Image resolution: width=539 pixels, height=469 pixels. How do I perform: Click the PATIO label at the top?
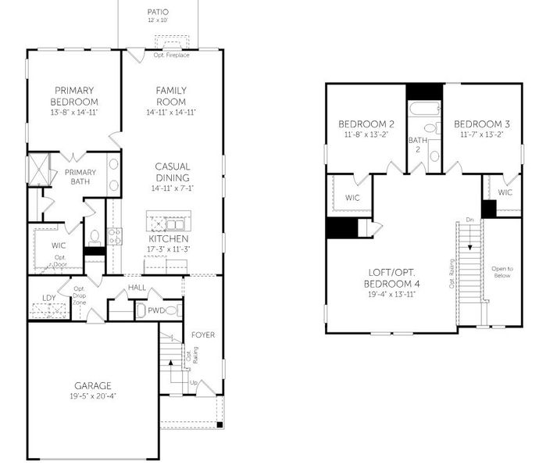[157, 12]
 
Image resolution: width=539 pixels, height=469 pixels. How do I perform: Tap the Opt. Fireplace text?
[170, 55]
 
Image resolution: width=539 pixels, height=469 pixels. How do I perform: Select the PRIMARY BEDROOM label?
[74, 96]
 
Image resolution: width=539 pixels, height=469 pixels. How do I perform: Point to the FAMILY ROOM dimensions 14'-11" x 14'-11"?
[170, 113]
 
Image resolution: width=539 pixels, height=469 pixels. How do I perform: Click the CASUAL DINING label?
[170, 171]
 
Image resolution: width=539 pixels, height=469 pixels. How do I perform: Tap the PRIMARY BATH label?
[80, 177]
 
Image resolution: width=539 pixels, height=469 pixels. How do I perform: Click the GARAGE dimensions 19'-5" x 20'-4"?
[93, 396]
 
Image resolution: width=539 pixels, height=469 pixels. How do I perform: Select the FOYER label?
[203, 335]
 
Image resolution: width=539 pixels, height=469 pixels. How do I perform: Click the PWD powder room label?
[157, 310]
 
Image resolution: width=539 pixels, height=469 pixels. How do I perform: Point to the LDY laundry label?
[48, 298]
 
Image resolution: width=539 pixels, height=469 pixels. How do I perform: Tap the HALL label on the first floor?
[137, 288]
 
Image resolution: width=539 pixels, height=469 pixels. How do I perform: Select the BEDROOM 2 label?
[366, 124]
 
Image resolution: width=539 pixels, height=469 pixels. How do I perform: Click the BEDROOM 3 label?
[482, 124]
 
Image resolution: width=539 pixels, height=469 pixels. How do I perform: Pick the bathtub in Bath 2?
[424, 110]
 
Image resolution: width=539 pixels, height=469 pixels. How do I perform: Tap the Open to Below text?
[502, 272]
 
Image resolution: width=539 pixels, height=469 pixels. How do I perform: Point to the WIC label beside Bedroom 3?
[505, 192]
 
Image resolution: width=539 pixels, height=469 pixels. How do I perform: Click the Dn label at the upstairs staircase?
[469, 220]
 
